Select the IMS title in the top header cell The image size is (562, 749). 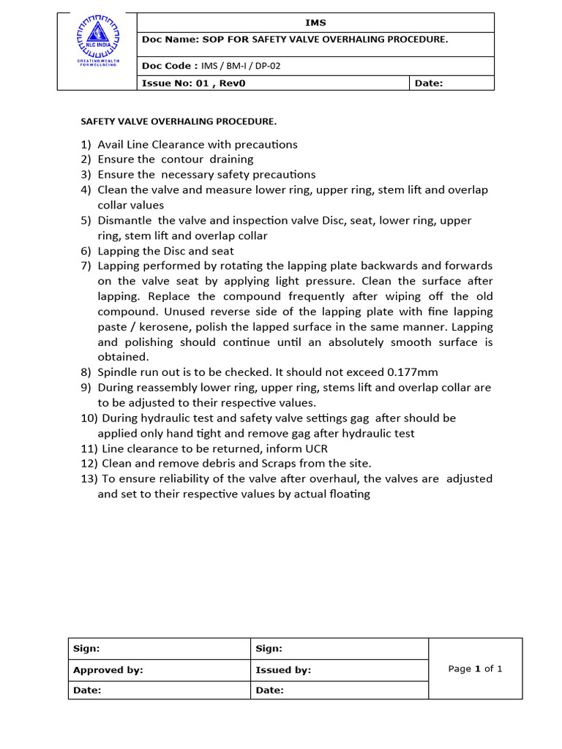[x=316, y=23]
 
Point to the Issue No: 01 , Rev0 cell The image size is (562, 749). [x=194, y=83]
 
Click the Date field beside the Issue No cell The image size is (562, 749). [x=429, y=83]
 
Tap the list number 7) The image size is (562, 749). [x=86, y=266]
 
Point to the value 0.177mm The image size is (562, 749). [x=412, y=372]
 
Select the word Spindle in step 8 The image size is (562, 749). [x=118, y=372]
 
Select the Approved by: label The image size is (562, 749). [x=108, y=670]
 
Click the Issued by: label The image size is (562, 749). [x=283, y=670]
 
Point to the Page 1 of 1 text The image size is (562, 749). [x=475, y=669]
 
